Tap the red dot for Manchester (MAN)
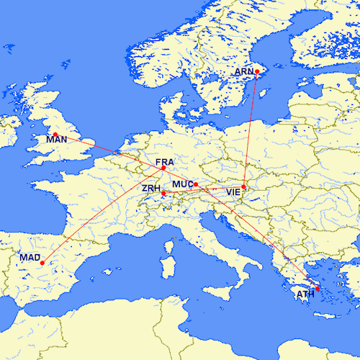pyautogui.click(x=55, y=135)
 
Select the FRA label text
pyautogui.click(x=164, y=162)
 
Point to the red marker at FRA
pyautogui.click(x=163, y=168)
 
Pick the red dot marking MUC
pyautogui.click(x=195, y=185)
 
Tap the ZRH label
pyautogui.click(x=152, y=188)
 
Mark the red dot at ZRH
pyautogui.click(x=163, y=193)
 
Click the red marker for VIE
pyautogui.click(x=244, y=187)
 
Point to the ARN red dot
pyautogui.click(x=257, y=71)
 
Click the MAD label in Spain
pyautogui.click(x=30, y=257)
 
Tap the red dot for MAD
pyautogui.click(x=42, y=263)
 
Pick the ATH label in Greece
pyautogui.click(x=306, y=294)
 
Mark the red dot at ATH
pyautogui.click(x=318, y=289)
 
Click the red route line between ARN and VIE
pyautogui.click(x=251, y=130)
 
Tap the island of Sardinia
pyautogui.click(x=171, y=253)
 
